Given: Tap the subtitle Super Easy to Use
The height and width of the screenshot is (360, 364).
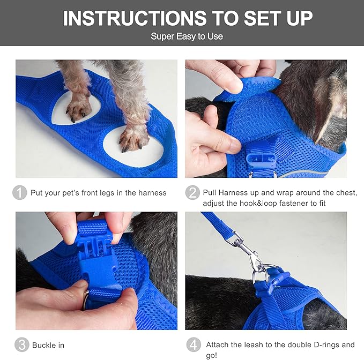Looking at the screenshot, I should (187, 36).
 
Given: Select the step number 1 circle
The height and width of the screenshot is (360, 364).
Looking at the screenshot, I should (20, 193).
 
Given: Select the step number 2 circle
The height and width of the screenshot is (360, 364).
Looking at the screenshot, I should (192, 193).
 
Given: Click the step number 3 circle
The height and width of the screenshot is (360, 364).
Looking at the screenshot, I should (20, 345).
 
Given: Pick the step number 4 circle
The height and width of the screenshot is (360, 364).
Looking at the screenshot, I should (192, 345).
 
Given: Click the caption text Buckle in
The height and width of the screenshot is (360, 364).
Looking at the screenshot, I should (48, 346).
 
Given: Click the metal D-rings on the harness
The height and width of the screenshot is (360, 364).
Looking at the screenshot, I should (260, 275).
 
